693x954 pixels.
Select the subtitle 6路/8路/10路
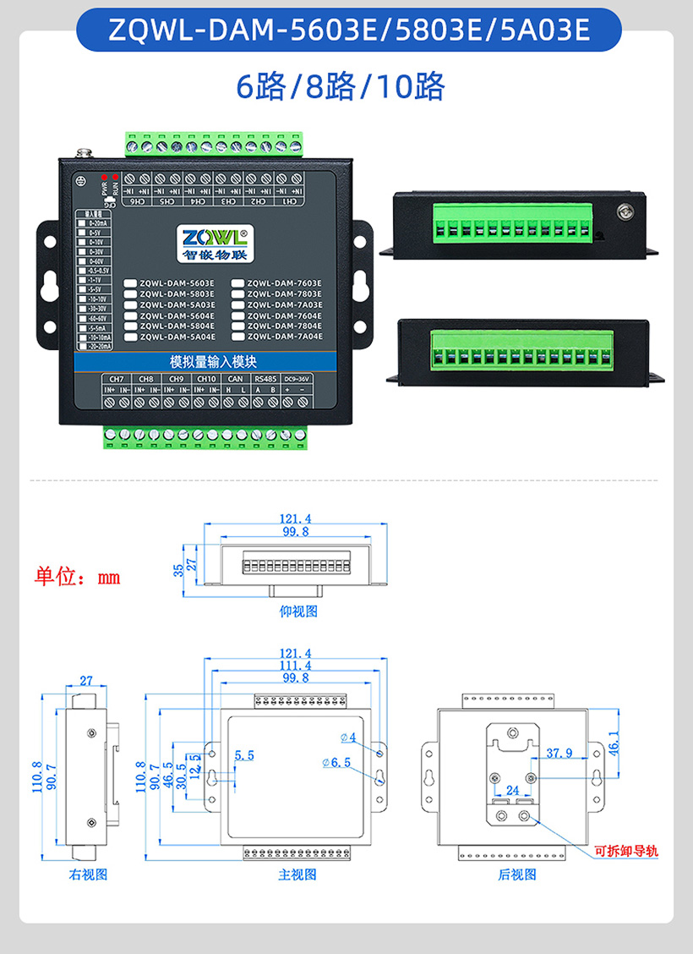(341, 87)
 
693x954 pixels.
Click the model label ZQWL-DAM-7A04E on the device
(284, 337)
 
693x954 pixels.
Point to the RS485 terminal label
(265, 378)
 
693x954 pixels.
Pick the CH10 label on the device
(206, 378)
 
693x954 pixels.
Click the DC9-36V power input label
(297, 378)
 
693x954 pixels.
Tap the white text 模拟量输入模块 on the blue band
(206, 359)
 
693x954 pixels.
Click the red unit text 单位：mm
(77, 578)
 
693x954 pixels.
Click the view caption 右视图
(88, 874)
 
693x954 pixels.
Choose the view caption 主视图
(297, 874)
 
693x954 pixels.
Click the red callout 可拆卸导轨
(626, 851)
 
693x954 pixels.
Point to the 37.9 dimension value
(559, 752)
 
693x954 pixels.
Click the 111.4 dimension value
(295, 666)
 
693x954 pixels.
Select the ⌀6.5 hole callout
(336, 763)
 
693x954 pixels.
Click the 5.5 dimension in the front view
(245, 754)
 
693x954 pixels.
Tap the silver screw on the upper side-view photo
(625, 212)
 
